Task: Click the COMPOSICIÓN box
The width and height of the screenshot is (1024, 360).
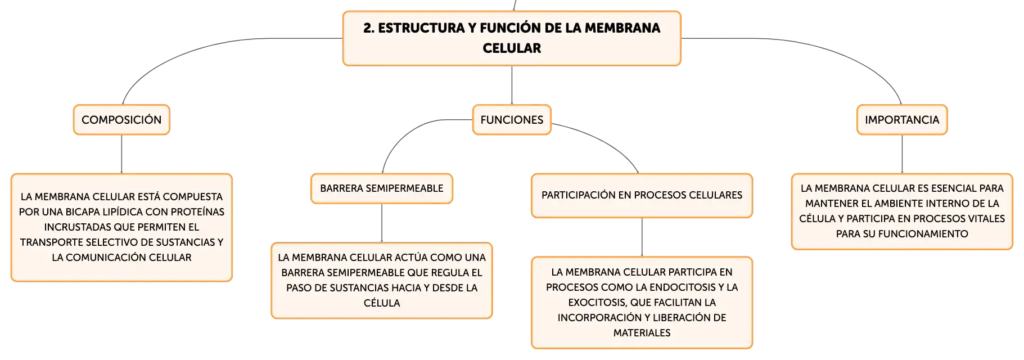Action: [x=121, y=120]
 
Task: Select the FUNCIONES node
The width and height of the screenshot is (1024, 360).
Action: [x=512, y=120]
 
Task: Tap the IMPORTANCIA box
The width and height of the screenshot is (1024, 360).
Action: [x=902, y=120]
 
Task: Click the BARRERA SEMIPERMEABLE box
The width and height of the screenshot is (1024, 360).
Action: [x=382, y=188]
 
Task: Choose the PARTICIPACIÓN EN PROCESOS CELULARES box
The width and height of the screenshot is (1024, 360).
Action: [x=642, y=195]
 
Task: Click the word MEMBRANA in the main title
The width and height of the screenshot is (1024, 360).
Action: [x=622, y=28]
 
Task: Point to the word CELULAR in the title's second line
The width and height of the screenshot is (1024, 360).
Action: [x=512, y=48]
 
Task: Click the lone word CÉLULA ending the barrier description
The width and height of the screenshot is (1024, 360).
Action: [x=382, y=303]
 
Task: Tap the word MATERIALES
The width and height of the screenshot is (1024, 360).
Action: [x=642, y=333]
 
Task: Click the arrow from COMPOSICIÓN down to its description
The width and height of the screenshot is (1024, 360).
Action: [x=121, y=154]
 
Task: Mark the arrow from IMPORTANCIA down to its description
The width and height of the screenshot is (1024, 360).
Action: [x=902, y=154]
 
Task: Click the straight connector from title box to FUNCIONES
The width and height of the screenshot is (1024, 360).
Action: [x=512, y=85]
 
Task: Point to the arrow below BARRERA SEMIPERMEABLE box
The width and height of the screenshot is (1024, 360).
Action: [x=382, y=223]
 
